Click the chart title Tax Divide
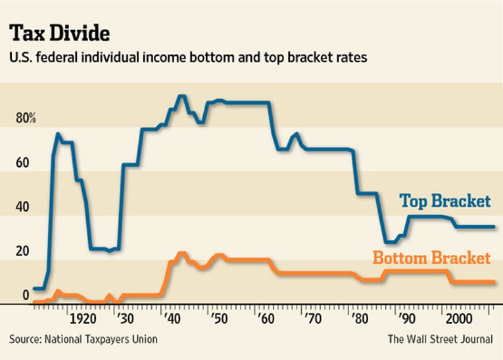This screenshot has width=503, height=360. pos(59,32)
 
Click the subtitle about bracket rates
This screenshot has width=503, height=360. pos(187,58)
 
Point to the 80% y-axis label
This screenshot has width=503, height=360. pos(26,119)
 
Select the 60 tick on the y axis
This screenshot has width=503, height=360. pos(22,163)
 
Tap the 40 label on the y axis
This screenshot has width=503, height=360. pos(22,208)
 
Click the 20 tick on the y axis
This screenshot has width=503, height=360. pos(22,252)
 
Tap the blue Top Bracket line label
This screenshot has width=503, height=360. pos(445,201)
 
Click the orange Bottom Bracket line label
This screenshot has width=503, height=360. pos(431,258)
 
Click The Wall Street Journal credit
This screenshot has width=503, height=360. pos(440,339)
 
